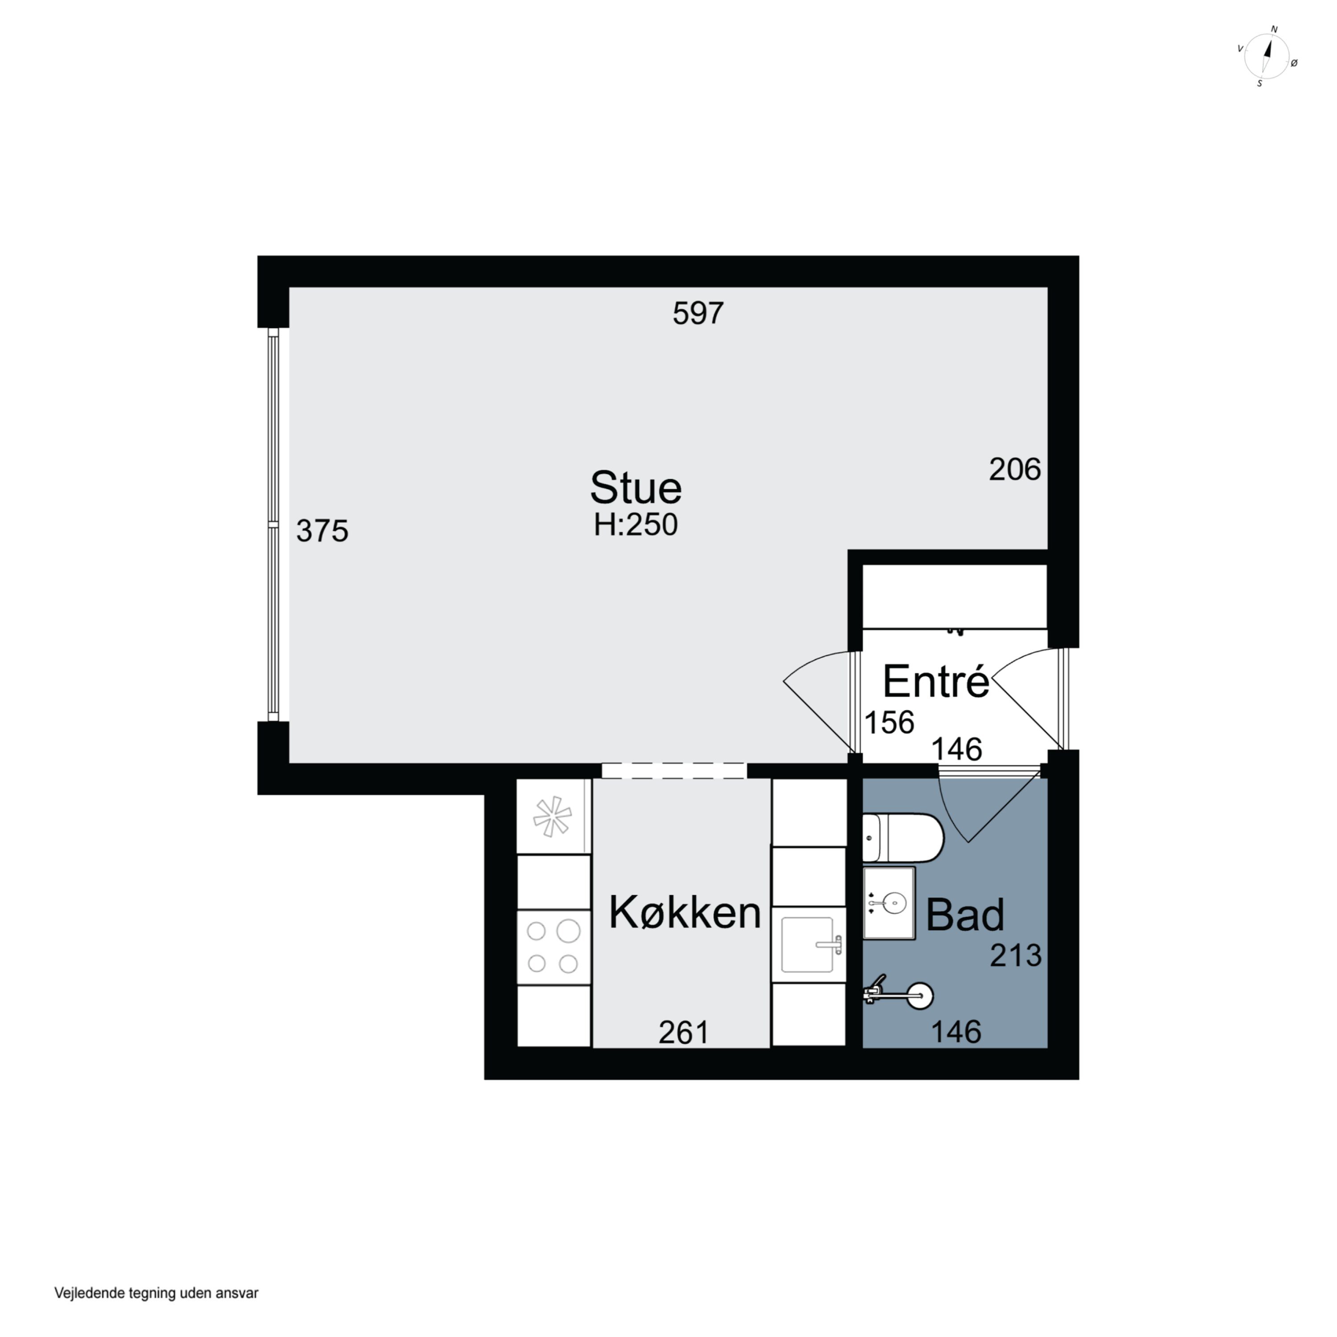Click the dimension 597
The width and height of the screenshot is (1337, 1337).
[698, 313]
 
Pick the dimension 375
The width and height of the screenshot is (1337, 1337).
[322, 531]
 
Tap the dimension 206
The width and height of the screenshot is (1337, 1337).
[1014, 470]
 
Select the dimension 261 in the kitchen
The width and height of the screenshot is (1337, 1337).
[684, 1033]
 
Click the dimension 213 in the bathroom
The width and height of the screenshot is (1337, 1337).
[1015, 956]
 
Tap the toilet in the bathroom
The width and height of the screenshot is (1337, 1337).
[903, 837]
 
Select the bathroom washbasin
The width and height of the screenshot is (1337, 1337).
[889, 902]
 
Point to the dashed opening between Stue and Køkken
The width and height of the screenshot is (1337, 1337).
[674, 770]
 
